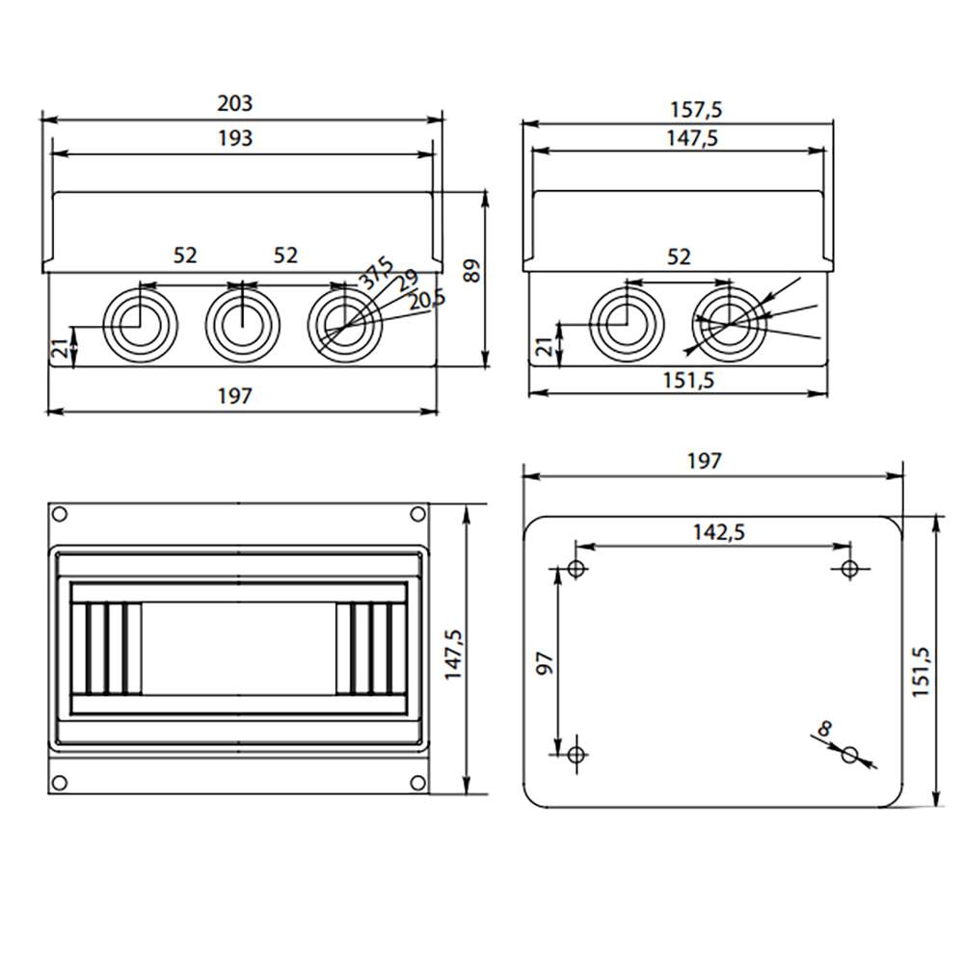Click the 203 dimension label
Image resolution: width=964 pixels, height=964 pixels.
(235, 103)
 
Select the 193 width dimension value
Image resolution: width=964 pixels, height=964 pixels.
(235, 138)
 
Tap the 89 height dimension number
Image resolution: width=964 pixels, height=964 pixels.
(471, 271)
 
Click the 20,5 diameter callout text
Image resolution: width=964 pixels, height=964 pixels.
(426, 301)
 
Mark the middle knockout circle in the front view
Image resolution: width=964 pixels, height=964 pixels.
(242, 323)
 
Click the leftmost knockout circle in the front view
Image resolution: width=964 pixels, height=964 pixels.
(140, 323)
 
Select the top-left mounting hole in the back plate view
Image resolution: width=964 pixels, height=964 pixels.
(576, 569)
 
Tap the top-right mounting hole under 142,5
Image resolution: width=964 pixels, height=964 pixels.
(849, 569)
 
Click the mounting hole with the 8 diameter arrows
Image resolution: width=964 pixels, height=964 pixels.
(849, 754)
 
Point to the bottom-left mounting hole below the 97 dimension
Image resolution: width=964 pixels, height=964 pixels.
(576, 754)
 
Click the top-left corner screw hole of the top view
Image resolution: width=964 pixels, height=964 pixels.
(60, 514)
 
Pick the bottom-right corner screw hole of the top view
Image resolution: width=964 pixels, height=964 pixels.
(417, 782)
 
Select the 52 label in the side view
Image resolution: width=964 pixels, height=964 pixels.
(679, 256)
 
